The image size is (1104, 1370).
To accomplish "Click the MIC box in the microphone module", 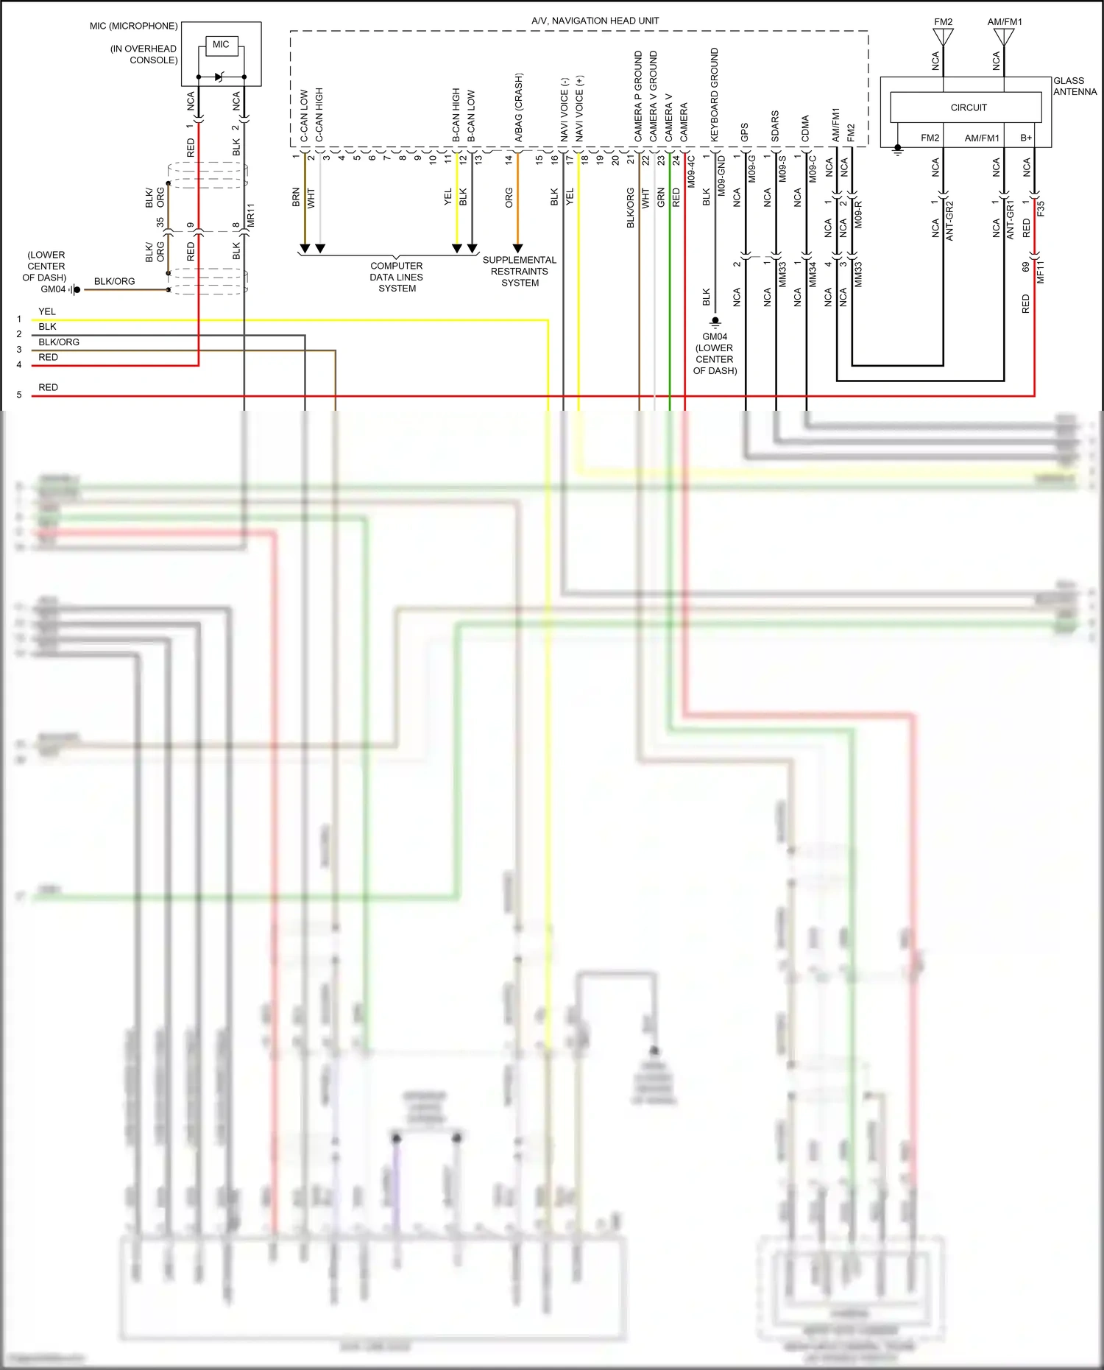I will click(221, 45).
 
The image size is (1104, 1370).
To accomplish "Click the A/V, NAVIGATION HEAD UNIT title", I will click(595, 21).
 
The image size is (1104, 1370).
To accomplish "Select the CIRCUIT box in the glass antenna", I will click(968, 107).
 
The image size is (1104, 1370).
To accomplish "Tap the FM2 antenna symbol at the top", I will click(943, 37).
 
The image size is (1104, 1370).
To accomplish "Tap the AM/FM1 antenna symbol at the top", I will click(1004, 37).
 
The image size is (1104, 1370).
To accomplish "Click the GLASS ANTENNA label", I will click(1074, 86).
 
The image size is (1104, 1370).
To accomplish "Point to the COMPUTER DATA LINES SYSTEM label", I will click(397, 277).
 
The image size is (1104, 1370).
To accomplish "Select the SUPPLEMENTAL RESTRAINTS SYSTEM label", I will click(520, 271).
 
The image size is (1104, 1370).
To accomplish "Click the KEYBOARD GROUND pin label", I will click(714, 95).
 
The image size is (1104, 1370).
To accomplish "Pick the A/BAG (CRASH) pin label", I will click(518, 107).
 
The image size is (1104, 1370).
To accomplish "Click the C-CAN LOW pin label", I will click(304, 116).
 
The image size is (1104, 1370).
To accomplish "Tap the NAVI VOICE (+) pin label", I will click(579, 108).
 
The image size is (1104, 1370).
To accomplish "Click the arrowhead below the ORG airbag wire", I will click(517, 249).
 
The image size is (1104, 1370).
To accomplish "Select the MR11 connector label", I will click(250, 215).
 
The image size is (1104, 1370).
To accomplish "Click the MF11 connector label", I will click(1041, 272).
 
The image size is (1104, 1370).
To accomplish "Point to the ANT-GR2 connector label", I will click(949, 220).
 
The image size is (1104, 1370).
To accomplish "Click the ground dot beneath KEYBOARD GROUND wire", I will click(715, 321).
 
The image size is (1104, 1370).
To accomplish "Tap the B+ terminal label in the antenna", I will click(1026, 138).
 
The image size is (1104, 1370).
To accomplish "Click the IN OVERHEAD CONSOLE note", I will click(144, 54).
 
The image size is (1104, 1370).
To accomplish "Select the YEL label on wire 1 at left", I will click(47, 311).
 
